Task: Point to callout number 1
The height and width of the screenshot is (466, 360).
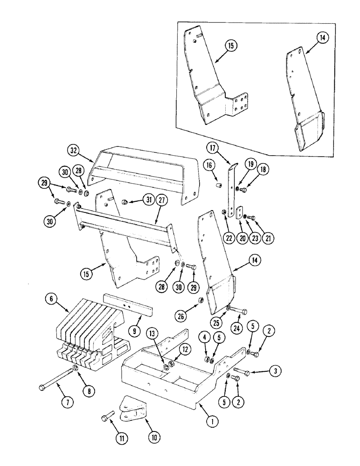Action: [x=213, y=422]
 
